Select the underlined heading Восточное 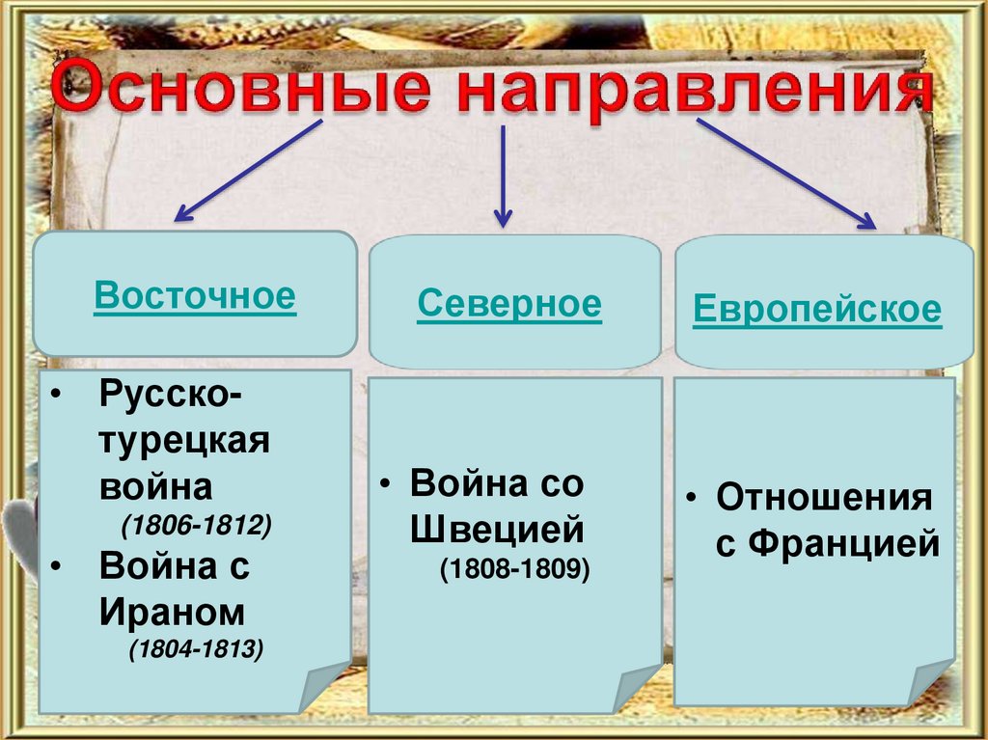[195, 296]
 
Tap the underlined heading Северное [509, 304]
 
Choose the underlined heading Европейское [817, 310]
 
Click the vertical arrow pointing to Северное [501, 175]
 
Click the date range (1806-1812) [197, 526]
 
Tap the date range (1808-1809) [514, 569]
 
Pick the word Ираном [172, 612]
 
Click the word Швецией [498, 529]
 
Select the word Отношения [824, 499]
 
